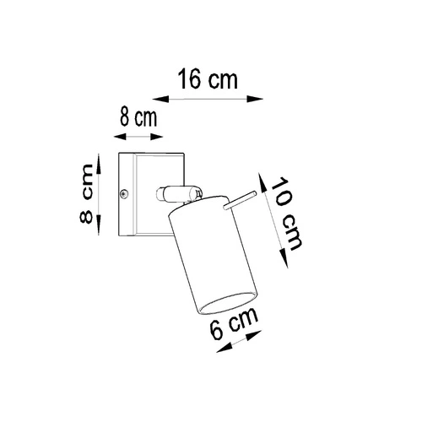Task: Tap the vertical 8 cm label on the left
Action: tap(85, 193)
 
